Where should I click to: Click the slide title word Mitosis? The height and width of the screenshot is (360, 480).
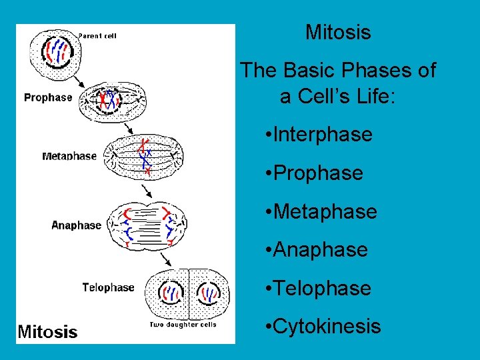click(338, 32)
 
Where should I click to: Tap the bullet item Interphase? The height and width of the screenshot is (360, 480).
click(323, 135)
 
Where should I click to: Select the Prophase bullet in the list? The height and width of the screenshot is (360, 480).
click(318, 173)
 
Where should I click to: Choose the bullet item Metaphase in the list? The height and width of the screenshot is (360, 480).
click(325, 212)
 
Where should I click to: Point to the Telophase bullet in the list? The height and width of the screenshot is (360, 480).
click(322, 289)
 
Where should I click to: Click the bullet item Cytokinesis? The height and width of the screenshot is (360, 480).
click(327, 327)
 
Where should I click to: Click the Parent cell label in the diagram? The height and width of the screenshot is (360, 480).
click(97, 36)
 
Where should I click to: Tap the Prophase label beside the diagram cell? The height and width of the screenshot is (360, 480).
click(48, 97)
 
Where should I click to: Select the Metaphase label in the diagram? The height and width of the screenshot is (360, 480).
click(69, 156)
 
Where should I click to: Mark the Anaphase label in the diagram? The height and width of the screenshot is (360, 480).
click(76, 225)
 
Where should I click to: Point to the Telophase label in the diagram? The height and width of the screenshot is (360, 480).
click(108, 287)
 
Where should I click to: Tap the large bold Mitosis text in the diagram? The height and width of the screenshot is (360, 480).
click(47, 331)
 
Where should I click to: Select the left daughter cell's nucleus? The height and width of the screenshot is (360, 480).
click(171, 293)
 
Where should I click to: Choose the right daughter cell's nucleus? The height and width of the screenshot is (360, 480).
click(209, 293)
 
